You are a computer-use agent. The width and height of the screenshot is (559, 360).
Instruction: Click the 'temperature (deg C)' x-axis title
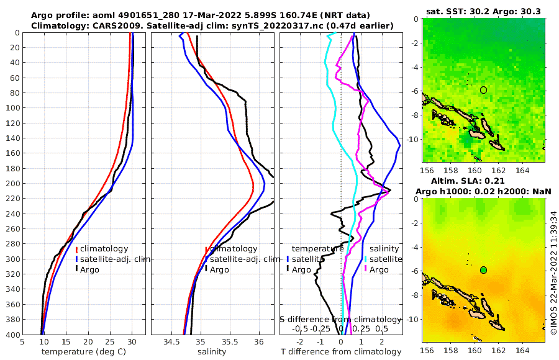coord(84,352)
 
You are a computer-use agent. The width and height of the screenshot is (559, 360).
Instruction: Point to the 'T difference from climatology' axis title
coord(341,352)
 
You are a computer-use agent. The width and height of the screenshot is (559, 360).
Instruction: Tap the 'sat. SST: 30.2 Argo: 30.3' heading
coord(483,11)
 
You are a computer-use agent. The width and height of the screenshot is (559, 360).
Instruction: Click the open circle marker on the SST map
coord(483,90)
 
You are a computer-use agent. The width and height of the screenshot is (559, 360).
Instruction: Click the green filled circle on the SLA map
coord(483,270)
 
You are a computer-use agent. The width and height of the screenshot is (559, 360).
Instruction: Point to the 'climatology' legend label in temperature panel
coord(104,249)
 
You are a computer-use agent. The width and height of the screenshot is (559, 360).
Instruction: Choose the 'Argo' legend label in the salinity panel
coord(219,270)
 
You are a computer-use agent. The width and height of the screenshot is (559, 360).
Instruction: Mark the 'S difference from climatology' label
coord(340,319)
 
